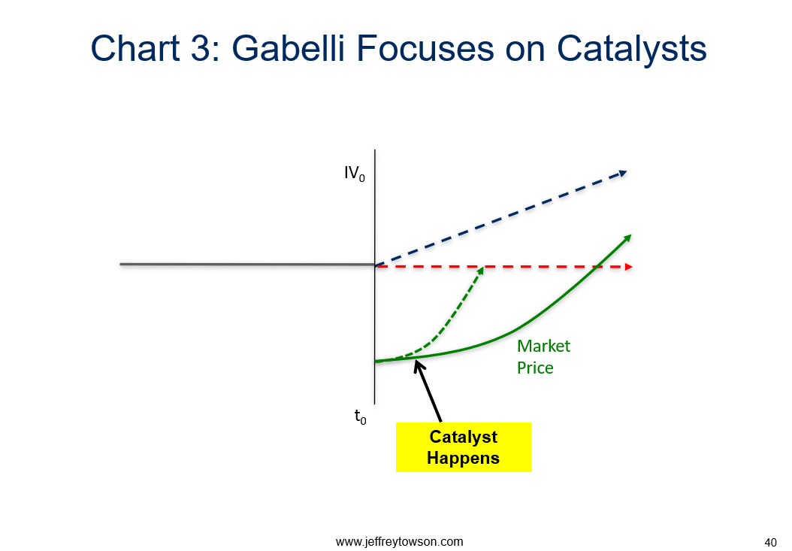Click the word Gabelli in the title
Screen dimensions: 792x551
288,48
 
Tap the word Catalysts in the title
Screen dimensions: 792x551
631,48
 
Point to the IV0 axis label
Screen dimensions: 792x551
354,174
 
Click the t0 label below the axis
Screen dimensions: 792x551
360,417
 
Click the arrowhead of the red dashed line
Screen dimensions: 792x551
629,267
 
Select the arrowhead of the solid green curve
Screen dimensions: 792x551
628,238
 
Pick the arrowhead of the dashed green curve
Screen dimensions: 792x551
480,271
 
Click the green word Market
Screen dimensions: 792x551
543,346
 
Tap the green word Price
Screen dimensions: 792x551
535,368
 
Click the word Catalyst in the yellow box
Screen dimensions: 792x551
463,436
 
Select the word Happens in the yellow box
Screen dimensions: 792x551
463,458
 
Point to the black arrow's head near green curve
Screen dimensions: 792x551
418,365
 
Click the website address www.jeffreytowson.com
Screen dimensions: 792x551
399,541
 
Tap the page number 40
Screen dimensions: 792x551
770,543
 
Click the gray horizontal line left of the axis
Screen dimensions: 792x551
247,264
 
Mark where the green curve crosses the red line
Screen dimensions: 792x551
597,266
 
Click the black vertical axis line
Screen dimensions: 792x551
375,277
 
